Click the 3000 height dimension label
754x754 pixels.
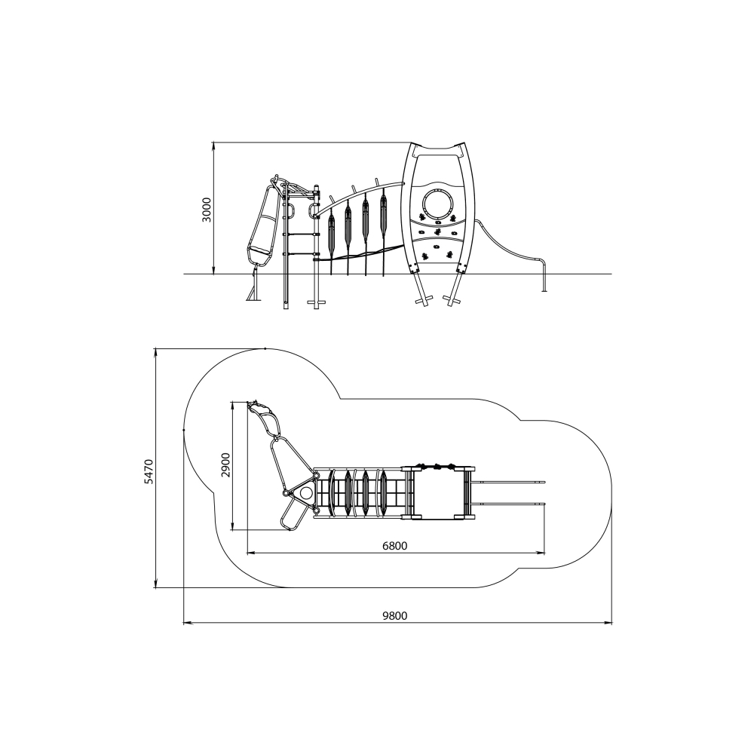click(207, 210)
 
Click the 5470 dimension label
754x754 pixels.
click(149, 471)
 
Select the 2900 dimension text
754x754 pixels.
click(225, 464)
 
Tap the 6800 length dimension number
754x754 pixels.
click(395, 546)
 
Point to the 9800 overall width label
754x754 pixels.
click(395, 616)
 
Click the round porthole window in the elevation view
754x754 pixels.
click(437, 204)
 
